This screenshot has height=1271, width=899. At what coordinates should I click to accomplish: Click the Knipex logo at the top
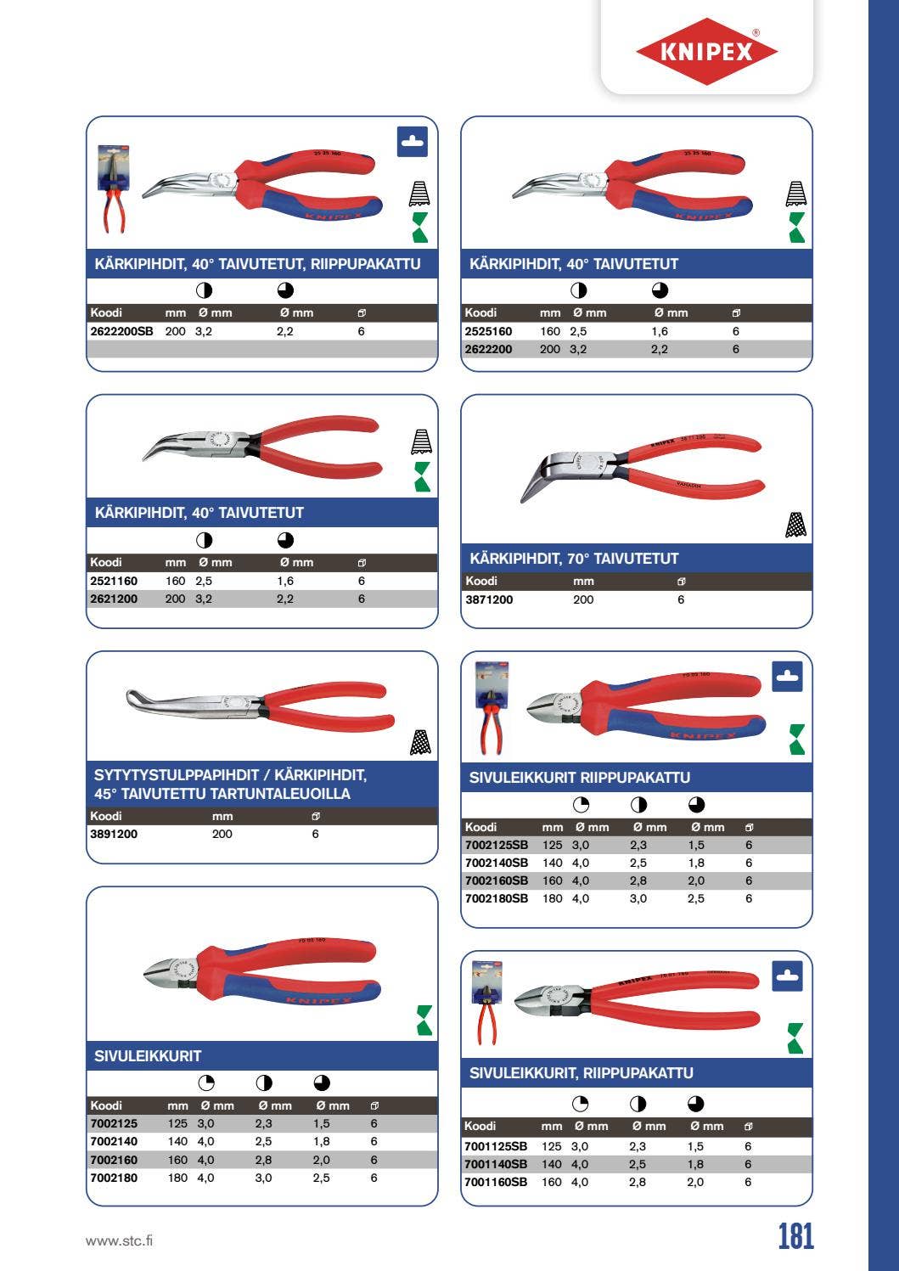click(706, 51)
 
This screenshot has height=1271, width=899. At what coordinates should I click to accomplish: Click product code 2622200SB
click(121, 331)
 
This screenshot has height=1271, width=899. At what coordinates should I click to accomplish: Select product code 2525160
click(488, 331)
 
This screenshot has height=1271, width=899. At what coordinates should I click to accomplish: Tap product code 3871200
click(489, 599)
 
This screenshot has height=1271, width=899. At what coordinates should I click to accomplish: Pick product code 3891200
click(114, 834)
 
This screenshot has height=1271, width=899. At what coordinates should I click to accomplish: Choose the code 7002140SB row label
click(497, 863)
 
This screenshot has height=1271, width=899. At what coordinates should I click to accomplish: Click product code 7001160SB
click(496, 1182)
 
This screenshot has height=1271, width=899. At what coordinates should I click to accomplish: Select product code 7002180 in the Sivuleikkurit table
click(114, 1178)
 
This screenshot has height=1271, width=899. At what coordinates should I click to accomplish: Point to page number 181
click(795, 1236)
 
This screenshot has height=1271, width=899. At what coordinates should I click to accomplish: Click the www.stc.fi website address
click(120, 1240)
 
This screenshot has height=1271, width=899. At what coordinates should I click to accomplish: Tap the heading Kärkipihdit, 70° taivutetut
click(574, 558)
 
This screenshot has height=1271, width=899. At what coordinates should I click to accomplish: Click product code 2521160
click(114, 581)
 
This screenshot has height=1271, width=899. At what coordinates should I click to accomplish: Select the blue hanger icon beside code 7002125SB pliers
click(787, 676)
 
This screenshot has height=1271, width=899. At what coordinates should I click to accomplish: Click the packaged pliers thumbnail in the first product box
click(112, 188)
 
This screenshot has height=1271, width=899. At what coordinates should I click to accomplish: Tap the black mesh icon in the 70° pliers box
click(795, 526)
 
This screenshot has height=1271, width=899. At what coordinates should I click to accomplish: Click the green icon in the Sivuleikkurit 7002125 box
click(424, 1020)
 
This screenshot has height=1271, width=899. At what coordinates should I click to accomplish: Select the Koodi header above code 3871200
click(481, 581)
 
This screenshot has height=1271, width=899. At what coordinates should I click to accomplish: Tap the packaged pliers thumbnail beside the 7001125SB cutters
click(487, 1003)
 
